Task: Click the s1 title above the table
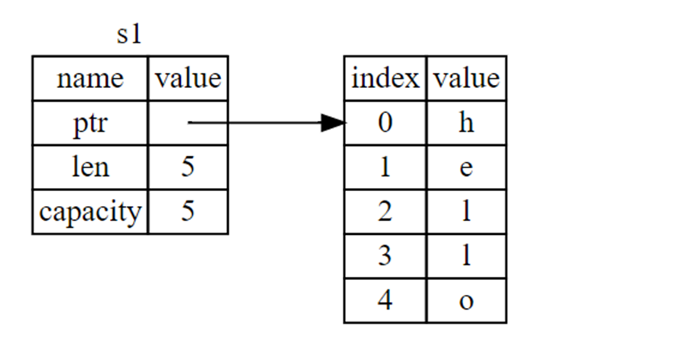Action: click(x=128, y=36)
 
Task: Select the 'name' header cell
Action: click(x=90, y=79)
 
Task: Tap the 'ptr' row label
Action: click(x=90, y=123)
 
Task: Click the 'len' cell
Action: click(x=90, y=167)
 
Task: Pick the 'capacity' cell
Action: click(x=90, y=211)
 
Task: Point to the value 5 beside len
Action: click(x=187, y=167)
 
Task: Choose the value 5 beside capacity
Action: click(x=187, y=211)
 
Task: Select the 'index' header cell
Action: click(x=385, y=79)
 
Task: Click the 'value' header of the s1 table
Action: click(x=188, y=79)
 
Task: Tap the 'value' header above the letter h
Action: click(x=466, y=79)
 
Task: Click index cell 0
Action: click(x=385, y=123)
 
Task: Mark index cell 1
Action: click(x=385, y=167)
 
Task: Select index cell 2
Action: click(x=385, y=211)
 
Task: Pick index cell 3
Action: click(x=385, y=256)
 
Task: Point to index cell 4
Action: click(x=385, y=300)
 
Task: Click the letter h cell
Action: click(x=466, y=123)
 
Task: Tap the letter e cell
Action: click(x=466, y=167)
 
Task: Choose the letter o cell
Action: click(x=466, y=300)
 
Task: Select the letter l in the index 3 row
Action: click(x=466, y=256)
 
